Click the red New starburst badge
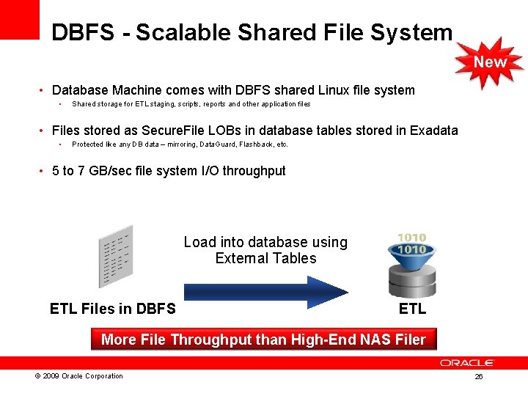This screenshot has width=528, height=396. click(490, 62)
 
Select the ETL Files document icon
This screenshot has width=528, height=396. click(117, 258)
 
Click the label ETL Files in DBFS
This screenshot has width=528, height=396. click(113, 309)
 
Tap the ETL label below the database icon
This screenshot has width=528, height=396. click(412, 309)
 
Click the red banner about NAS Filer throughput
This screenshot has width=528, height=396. click(263, 340)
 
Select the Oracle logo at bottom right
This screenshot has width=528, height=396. click(467, 362)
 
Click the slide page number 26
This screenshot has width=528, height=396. click(478, 377)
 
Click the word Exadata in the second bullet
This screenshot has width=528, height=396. click(433, 131)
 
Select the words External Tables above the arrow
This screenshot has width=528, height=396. click(266, 258)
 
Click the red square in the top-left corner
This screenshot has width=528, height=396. click(19, 19)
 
